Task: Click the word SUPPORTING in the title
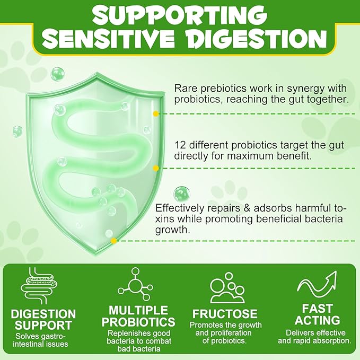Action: [180, 15]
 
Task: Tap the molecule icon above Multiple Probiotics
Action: [135, 284]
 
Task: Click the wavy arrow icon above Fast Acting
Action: [317, 285]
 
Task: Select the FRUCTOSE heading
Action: [225, 314]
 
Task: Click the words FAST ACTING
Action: [317, 314]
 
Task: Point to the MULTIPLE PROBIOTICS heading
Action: [138, 316]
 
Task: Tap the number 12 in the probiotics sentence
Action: [180, 145]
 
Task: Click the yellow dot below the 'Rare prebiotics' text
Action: [156, 113]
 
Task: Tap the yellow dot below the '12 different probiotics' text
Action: [156, 168]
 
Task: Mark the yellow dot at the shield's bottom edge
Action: [113, 241]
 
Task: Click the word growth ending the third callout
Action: [173, 230]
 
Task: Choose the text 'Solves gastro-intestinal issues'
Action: [41, 340]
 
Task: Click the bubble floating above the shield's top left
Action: [57, 74]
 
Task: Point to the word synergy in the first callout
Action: [305, 89]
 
